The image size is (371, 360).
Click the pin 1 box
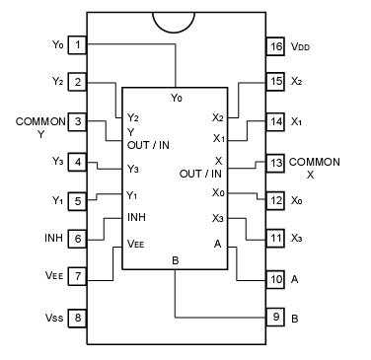point(78,44)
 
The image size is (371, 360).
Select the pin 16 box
point(277,44)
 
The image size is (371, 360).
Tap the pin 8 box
point(78,318)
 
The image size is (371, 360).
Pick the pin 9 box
point(277,318)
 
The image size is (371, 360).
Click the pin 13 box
point(277,161)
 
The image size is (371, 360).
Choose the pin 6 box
point(78,238)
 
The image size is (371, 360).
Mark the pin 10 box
point(277,279)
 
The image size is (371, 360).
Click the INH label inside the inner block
point(137,217)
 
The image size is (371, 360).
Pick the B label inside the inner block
point(176,259)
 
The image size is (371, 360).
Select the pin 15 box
point(277,83)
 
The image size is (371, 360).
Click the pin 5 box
point(78,200)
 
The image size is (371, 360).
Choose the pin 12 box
point(277,200)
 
